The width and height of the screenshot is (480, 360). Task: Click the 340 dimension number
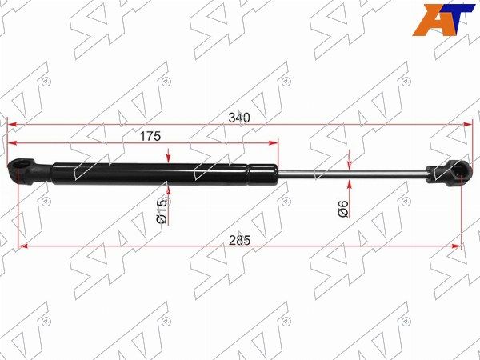click(x=240, y=118)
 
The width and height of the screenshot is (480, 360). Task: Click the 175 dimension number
click(x=150, y=136)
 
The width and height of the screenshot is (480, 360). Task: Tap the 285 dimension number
click(x=240, y=240)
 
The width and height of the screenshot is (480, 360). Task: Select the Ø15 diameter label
click(x=162, y=210)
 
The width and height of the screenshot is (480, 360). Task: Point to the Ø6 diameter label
click(x=344, y=209)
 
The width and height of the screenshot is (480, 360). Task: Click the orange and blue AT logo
click(x=444, y=20)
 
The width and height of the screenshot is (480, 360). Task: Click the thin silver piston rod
click(x=352, y=174)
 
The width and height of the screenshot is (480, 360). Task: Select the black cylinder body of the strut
click(x=165, y=174)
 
